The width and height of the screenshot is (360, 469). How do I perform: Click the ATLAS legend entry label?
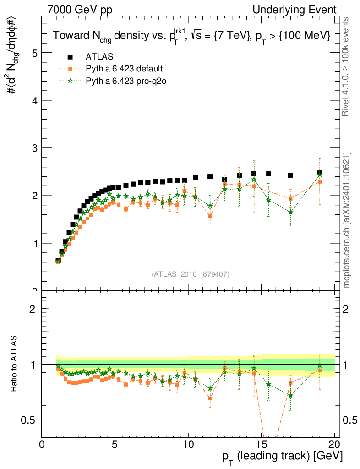click(99, 57)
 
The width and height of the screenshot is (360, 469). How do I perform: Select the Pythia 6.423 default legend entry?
click(124, 69)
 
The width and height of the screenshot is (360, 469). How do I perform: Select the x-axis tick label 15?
click(261, 445)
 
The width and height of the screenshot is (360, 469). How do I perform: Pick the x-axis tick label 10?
click(188, 445)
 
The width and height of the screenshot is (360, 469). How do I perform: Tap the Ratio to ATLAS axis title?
click(15, 364)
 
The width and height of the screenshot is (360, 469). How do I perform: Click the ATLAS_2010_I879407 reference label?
click(191, 274)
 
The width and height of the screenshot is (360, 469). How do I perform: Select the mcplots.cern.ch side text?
click(347, 220)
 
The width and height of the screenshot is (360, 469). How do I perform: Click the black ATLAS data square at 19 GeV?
click(320, 173)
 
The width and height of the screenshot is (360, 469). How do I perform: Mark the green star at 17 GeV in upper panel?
click(290, 212)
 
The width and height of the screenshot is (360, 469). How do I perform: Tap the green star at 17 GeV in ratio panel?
click(290, 395)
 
